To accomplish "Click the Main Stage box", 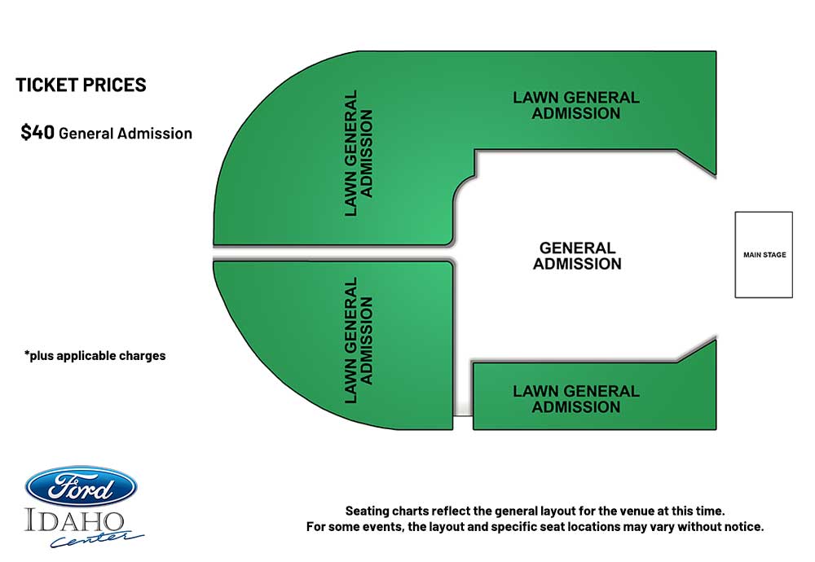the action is coord(764,254).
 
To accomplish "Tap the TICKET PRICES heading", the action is coord(81,86).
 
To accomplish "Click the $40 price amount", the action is coord(37,133).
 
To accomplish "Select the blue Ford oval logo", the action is coord(81,487).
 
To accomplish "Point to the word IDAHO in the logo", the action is coord(74,521).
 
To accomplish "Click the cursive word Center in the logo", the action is coord(97,538).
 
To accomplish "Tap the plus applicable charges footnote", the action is coord(95,356).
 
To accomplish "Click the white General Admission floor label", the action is coord(577,256).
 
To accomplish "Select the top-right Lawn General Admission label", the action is coord(576,105).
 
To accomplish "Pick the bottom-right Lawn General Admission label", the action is coord(576,399).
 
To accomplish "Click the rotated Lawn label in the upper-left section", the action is coord(359,153).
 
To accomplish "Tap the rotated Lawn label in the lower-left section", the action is coord(359,340).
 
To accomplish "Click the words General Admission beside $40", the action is coord(126,134).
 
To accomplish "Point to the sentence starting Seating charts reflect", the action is coord(535,512).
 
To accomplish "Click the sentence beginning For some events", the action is coord(535,527).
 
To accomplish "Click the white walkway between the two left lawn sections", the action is coord(333,253).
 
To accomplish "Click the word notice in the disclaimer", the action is coord(744,527).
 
